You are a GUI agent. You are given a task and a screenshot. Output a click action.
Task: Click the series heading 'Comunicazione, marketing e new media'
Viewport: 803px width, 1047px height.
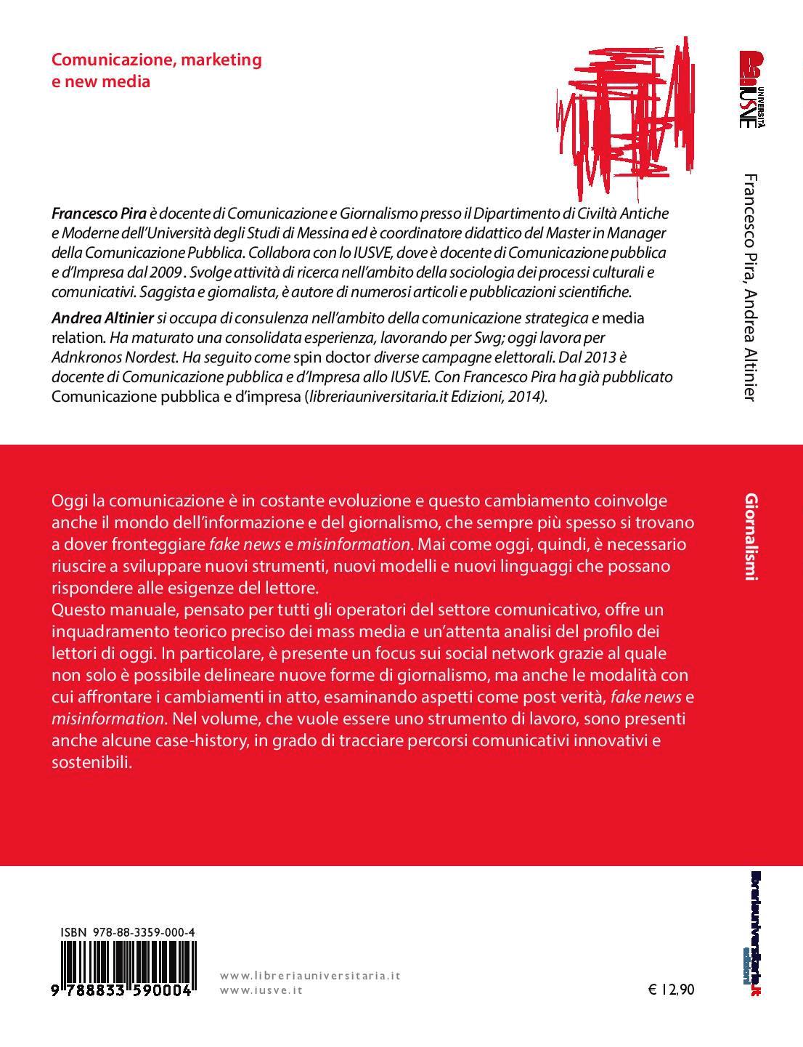[156, 70]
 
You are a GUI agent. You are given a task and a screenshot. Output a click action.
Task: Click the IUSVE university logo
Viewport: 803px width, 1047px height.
[751, 89]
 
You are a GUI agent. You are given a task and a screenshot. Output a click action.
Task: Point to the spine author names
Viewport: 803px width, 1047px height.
[751, 287]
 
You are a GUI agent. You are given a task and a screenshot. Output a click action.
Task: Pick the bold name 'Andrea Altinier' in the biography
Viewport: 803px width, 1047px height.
[102, 318]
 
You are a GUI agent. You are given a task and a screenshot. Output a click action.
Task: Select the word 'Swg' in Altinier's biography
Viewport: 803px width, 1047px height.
[459, 338]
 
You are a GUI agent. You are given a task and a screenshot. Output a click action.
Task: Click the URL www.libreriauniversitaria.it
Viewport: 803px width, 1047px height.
[310, 976]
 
